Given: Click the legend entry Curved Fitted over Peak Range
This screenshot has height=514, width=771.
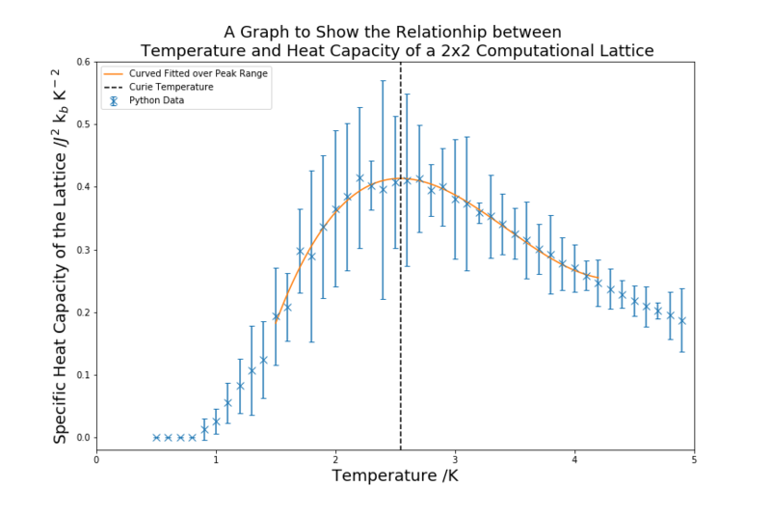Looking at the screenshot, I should (198, 73).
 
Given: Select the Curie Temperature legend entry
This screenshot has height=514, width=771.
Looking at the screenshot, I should (172, 87).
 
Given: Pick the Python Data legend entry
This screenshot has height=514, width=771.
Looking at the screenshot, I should (157, 100).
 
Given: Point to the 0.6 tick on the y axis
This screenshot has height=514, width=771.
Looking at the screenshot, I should (84, 62).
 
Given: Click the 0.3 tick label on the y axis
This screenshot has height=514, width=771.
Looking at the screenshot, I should (84, 250).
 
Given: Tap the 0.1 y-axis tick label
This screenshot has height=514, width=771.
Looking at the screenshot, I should (84, 375).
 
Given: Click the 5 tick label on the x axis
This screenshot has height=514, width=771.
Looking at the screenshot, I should (694, 458).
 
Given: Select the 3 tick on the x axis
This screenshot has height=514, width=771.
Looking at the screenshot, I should (455, 458).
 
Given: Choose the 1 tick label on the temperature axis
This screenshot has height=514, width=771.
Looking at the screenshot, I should (216, 458).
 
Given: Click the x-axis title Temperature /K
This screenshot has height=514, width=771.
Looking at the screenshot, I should (395, 476).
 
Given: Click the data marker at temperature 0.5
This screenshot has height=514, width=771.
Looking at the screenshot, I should (156, 438).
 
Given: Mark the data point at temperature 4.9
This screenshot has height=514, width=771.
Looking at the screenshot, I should (681, 320).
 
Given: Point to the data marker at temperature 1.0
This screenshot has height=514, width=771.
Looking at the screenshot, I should (216, 421).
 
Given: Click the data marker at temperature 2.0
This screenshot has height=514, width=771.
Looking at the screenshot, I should (335, 209).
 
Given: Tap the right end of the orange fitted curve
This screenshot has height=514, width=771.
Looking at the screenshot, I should (598, 279).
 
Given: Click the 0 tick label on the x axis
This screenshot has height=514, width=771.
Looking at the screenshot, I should (96, 458).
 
